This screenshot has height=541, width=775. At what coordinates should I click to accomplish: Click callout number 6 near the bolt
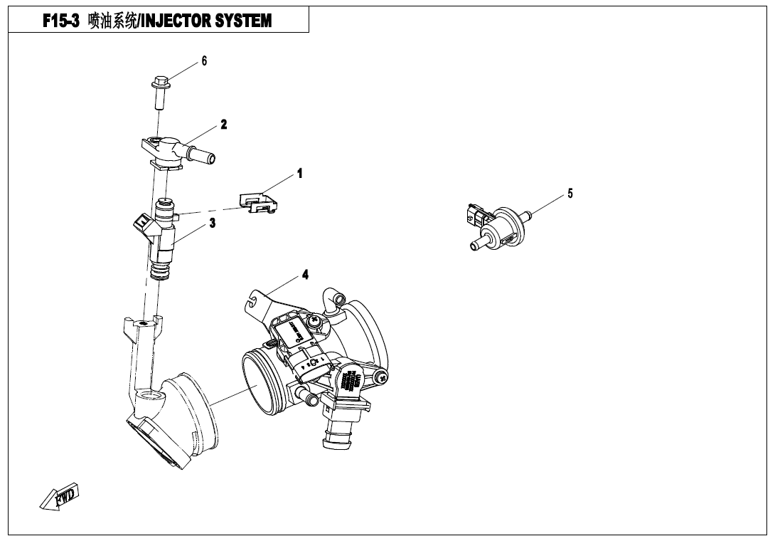tap(204, 61)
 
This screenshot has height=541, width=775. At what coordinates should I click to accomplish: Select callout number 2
tap(224, 125)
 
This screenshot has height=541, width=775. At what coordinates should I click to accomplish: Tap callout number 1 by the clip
tap(299, 173)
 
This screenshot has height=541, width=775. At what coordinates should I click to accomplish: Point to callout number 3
tap(212, 223)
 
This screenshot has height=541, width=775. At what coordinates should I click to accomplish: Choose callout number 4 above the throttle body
tap(305, 275)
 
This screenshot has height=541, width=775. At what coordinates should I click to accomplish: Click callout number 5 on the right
tap(570, 193)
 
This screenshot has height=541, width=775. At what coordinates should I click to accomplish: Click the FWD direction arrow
tap(60, 497)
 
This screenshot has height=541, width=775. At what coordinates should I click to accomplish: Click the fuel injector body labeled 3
tap(164, 238)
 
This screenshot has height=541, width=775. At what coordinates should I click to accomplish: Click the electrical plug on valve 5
tap(476, 215)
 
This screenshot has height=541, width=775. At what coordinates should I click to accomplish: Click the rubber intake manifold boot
tap(181, 420)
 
